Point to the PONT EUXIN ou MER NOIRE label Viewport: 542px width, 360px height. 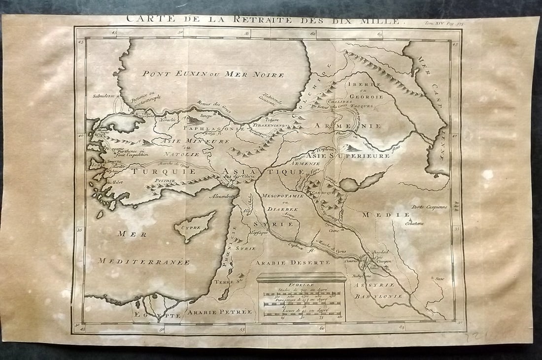[x=213, y=74]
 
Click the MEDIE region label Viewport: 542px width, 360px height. [x=386, y=215]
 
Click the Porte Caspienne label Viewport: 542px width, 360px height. [x=430, y=207]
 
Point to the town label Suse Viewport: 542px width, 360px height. [x=439, y=278]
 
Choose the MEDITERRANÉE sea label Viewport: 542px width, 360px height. [x=143, y=262]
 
